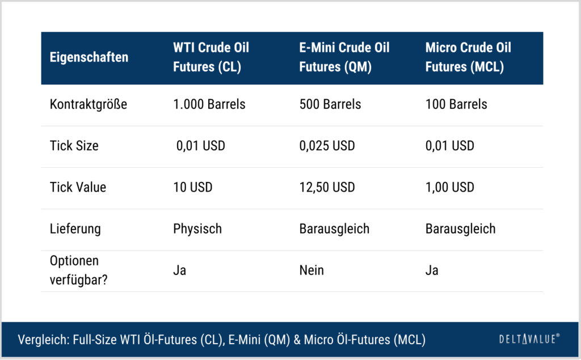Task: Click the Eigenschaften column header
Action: coord(89,57)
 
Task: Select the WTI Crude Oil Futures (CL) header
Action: coord(211,57)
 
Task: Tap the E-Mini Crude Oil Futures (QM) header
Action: coord(344,57)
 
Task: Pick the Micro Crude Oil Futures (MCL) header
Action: coord(468,57)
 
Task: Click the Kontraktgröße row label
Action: coord(88,104)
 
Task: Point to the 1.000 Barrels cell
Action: coord(209,104)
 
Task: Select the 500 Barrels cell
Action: coord(330,104)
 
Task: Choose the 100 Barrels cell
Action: coord(456,104)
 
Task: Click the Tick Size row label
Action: coord(74,146)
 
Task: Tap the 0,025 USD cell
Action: coord(327,146)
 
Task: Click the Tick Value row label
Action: coord(78,187)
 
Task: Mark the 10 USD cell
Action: coord(193,187)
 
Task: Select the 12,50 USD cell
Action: coord(327,188)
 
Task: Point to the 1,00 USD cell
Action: coord(449,188)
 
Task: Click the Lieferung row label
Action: coord(75,229)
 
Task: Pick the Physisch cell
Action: coord(197,229)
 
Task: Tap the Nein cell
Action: coord(311,270)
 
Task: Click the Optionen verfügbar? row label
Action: coord(78,270)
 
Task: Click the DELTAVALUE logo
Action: coord(529,339)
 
